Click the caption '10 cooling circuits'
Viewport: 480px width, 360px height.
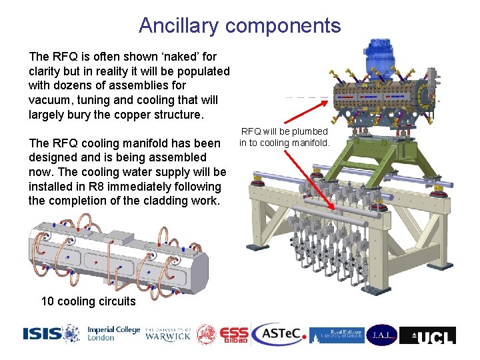[x=88, y=301]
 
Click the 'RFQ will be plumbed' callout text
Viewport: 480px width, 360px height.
[x=284, y=131]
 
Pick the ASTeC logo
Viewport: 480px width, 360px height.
[x=279, y=334]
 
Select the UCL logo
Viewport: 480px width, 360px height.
[x=427, y=335]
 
